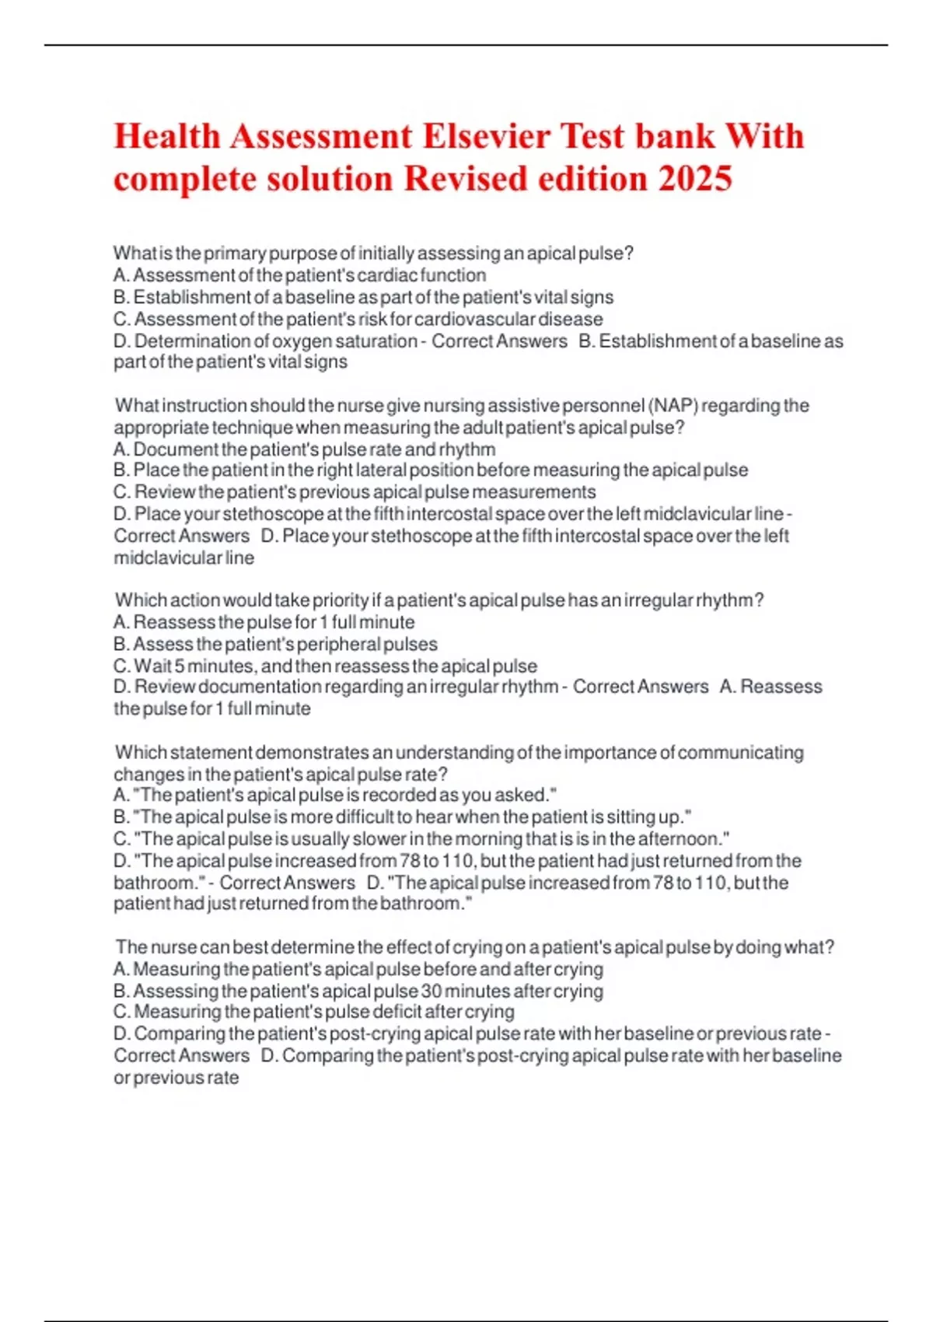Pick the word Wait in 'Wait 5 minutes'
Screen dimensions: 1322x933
pos(152,666)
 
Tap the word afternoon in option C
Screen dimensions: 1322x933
pos(681,840)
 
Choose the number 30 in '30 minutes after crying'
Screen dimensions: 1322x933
pos(432,991)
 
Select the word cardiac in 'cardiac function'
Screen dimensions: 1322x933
pos(387,275)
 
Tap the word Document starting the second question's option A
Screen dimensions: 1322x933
pos(176,449)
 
